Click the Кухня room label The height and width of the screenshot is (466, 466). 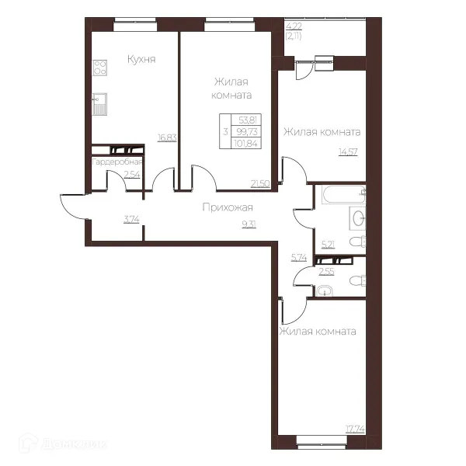point(141,60)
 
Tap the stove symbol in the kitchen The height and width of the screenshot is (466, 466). point(100,68)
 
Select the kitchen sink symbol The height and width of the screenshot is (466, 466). point(99,104)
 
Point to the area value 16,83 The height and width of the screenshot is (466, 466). point(167,137)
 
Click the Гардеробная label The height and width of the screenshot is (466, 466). point(117,162)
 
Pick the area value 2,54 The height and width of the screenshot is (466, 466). point(132,174)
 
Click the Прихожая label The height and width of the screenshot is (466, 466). point(228,207)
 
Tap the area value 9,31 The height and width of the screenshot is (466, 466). point(249,224)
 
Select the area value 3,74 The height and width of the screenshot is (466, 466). point(131,219)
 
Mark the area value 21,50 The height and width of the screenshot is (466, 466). point(260,184)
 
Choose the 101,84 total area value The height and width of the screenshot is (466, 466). point(245,144)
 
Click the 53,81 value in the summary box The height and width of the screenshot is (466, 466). point(248,120)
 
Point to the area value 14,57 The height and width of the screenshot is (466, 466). point(348,152)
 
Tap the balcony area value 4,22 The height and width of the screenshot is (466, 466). point(294,26)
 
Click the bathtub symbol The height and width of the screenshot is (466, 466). point(343,195)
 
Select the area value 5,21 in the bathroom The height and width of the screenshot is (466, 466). point(328,245)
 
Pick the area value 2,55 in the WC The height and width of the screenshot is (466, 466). point(326,271)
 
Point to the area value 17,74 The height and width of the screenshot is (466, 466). point(355,429)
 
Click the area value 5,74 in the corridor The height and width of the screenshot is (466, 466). point(299,257)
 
